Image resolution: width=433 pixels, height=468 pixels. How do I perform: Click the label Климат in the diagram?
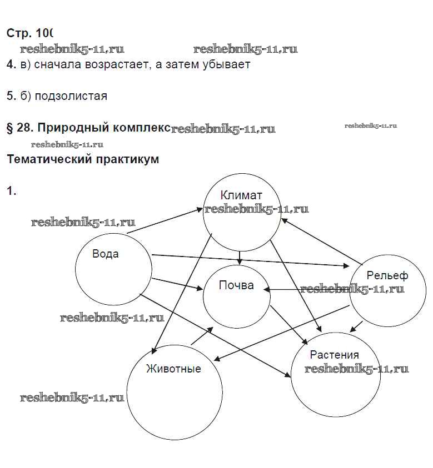pos(241,195)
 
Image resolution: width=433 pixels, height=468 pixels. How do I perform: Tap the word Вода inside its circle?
pos(106,254)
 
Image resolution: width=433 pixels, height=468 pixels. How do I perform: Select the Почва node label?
pos(236,285)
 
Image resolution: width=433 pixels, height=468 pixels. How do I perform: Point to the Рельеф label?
pos(387,275)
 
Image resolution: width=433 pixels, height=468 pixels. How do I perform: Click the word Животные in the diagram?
pos(173,368)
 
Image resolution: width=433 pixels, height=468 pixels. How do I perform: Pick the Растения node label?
pos(334,355)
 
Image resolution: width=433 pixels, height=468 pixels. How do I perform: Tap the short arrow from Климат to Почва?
pos(239,257)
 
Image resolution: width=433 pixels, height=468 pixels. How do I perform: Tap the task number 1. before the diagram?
pos(11,192)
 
